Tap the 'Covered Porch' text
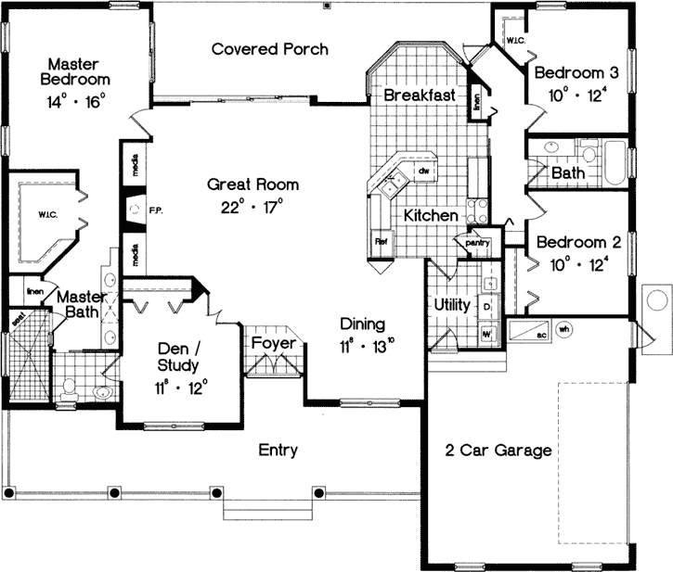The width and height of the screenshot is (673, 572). (x=269, y=48)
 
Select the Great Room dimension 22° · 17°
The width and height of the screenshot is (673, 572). (x=245, y=205)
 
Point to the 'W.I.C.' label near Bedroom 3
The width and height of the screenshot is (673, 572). (x=516, y=41)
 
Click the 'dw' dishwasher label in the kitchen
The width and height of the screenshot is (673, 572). (x=422, y=172)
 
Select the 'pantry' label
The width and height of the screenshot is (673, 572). (x=477, y=242)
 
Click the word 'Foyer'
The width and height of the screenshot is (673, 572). (x=274, y=344)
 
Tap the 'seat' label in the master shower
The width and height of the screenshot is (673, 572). (x=17, y=318)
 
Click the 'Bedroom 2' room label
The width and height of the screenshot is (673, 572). (x=573, y=242)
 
